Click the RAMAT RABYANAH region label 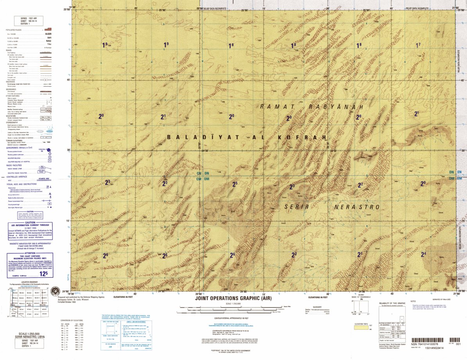click(312, 107)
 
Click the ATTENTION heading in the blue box click(30, 254)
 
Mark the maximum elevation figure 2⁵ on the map click(235, 184)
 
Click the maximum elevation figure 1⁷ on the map click(418, 45)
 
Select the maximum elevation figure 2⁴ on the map click(423, 254)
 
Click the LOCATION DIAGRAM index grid click(30, 301)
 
